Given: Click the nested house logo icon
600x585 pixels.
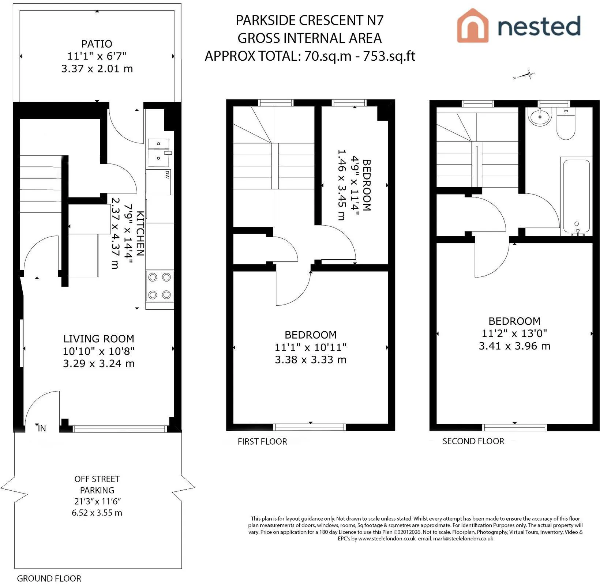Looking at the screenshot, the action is coord(473,25).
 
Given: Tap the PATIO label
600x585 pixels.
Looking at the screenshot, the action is coord(97,44).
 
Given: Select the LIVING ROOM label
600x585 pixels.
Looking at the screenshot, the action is coord(99,339).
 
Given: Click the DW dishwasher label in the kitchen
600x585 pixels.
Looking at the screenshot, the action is coord(167,175).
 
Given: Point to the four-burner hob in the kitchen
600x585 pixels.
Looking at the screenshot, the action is coord(160,286).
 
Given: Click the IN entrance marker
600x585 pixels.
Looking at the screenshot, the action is coord(42,428).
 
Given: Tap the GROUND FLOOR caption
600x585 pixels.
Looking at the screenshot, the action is coord(49,578).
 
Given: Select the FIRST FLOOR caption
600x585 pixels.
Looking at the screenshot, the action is coord(262,441).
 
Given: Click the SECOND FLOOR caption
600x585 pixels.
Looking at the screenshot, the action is coord(473,441).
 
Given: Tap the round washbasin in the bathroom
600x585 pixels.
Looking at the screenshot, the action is coord(539,117).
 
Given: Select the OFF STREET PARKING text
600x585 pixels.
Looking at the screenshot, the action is coord(97,484).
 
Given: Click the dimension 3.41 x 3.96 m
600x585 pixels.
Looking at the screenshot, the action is coord(514,346).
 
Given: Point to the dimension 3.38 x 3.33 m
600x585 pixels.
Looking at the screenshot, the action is coord(311,360).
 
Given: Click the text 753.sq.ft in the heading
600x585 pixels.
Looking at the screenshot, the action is coord(389,56).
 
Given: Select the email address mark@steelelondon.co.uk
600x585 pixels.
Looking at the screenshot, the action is coord(463,539).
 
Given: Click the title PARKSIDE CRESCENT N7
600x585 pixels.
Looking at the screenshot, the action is coord(310,20).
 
